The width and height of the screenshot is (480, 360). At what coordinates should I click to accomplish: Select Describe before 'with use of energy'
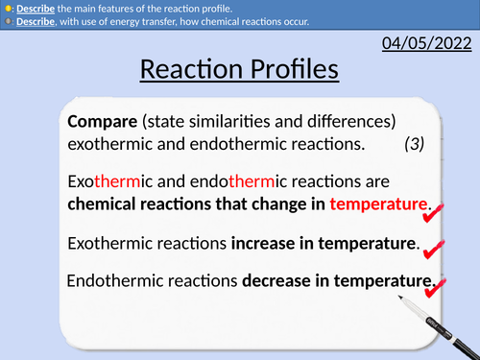pos(35,22)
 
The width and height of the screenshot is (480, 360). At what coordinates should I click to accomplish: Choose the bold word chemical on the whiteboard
pos(104,204)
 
